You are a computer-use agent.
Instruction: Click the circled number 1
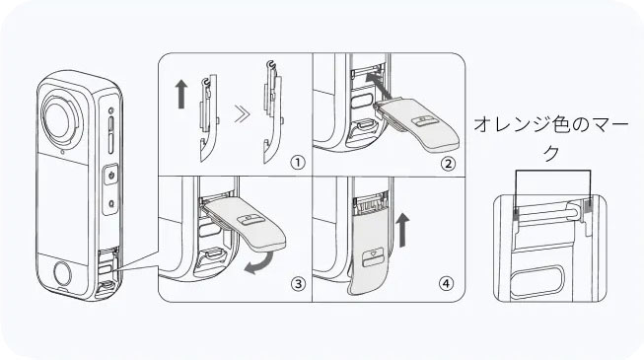pos(298,163)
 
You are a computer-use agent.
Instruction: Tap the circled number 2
pos(448,164)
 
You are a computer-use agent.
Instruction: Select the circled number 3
pos(298,283)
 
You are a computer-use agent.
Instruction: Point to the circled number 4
pos(447,283)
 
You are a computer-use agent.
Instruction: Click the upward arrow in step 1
pos(181,94)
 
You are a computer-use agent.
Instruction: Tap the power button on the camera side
pos(111,176)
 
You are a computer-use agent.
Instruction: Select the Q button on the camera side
pos(111,202)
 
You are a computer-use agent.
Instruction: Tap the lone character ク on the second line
pos(551,153)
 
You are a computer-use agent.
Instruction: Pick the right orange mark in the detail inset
pos(589,205)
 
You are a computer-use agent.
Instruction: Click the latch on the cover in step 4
pos(372,255)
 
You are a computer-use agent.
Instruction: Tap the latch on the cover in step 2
pos(424,119)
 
